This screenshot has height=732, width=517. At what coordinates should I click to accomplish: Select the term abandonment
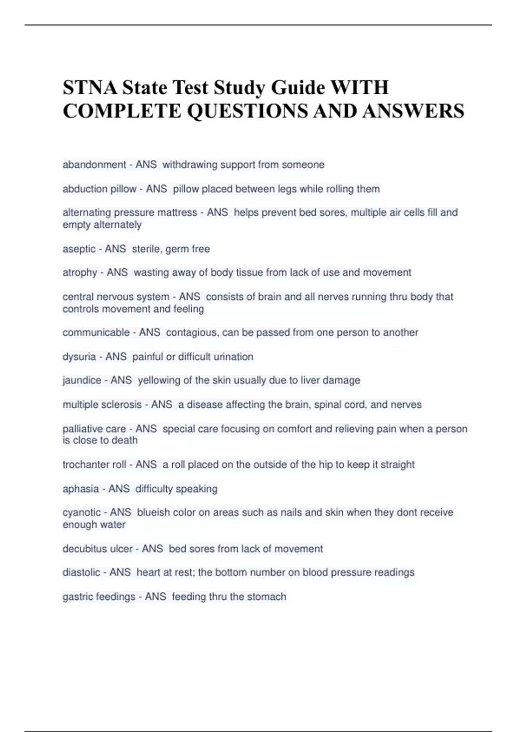[x=94, y=164]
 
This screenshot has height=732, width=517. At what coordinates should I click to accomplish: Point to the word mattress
[x=177, y=212]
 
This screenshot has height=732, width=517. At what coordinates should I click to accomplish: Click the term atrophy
[x=80, y=273]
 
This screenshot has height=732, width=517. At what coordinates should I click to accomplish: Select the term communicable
[x=96, y=332]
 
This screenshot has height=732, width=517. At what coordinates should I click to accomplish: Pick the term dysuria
[x=79, y=357]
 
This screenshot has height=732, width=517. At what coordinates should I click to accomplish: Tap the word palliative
[x=82, y=429]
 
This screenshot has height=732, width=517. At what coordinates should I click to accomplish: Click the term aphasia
[x=81, y=489]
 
